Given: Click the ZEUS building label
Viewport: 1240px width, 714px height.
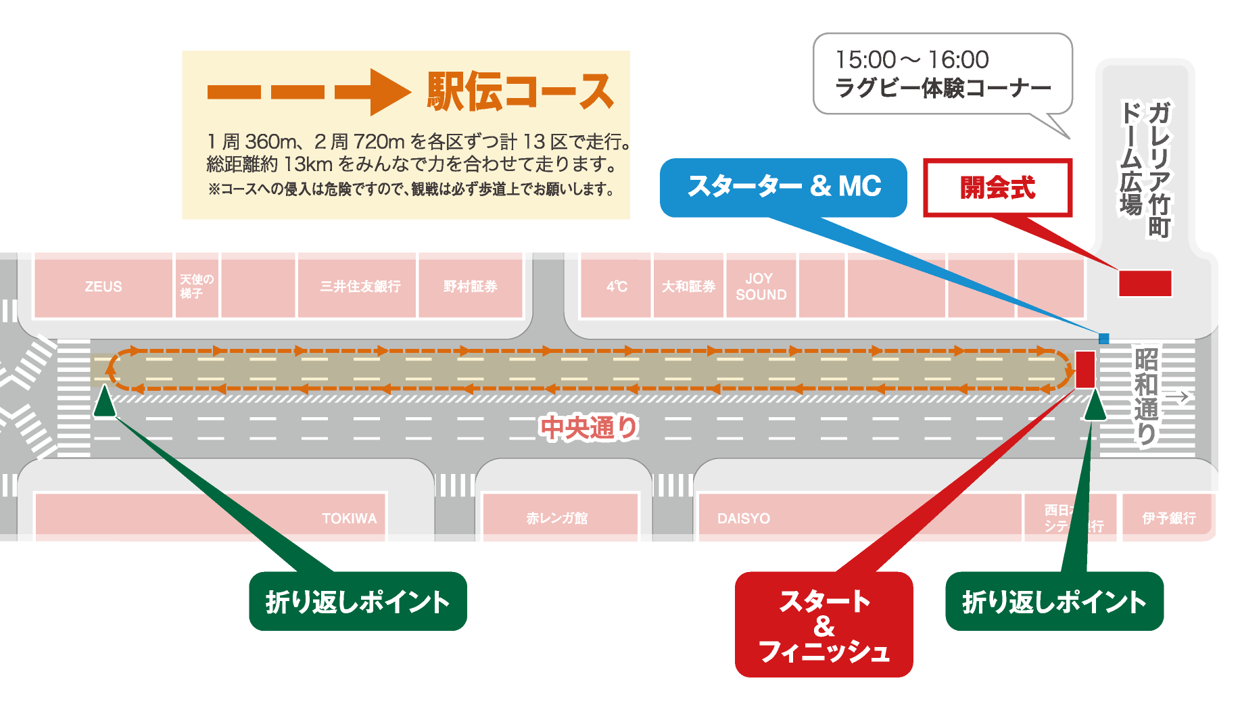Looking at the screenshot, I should click(103, 287).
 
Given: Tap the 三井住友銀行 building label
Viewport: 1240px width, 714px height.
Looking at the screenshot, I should click(360, 287).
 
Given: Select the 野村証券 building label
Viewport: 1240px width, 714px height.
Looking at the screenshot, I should click(471, 287).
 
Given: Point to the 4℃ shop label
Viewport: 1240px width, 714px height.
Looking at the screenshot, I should click(617, 287).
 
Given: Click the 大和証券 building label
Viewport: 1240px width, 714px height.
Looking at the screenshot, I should click(688, 287).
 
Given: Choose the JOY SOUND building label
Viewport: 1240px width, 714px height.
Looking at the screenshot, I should click(761, 287).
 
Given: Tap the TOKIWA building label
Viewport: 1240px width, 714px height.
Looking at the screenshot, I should click(349, 519).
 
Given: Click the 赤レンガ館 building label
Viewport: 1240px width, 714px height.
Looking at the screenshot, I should click(557, 519).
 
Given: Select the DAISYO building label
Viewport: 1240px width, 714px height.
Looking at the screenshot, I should click(744, 519).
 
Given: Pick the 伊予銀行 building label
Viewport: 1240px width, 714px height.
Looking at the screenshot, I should click(1169, 519).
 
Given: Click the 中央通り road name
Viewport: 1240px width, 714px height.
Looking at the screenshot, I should click(589, 428).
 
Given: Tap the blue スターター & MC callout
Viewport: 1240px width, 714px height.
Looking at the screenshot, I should click(784, 187).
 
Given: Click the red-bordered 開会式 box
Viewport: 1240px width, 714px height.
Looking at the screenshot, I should click(997, 188).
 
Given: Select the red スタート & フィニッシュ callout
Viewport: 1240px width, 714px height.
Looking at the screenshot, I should click(824, 625).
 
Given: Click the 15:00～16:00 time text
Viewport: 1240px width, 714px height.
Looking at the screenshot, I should click(912, 60).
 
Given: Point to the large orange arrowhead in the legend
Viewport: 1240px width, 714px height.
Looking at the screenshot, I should click(388, 93).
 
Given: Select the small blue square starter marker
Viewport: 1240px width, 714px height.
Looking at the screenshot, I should click(1104, 339).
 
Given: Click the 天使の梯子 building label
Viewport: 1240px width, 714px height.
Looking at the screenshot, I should click(196, 287).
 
